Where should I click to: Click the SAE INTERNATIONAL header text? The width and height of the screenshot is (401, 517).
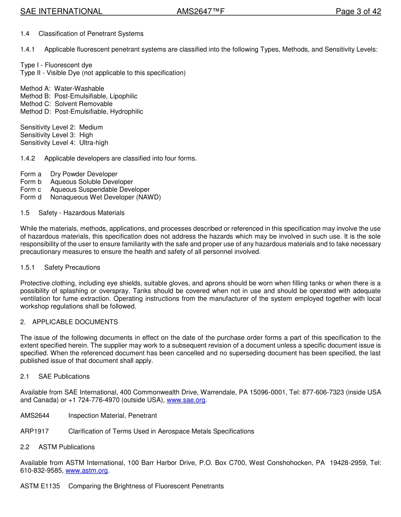tap(61, 11)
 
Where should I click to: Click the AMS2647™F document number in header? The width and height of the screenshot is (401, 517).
tap(200, 11)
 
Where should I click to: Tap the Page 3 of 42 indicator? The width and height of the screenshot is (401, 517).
tap(358, 11)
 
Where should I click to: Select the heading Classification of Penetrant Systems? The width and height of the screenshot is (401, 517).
tap(91, 34)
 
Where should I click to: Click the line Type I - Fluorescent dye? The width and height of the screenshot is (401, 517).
tap(56, 65)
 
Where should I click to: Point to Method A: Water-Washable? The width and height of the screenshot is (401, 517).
tap(62, 89)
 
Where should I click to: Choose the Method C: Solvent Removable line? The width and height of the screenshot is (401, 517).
tap(66, 104)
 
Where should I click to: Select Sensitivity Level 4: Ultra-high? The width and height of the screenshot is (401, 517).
tap(64, 143)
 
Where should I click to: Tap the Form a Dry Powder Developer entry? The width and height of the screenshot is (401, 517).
tap(69, 174)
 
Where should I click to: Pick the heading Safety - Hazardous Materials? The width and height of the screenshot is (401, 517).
tap(81, 213)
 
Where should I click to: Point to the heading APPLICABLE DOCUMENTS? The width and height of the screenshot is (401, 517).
tap(75, 322)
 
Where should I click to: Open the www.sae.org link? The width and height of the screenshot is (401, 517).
tap(186, 400)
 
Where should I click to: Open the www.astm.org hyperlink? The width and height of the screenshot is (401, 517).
tap(87, 471)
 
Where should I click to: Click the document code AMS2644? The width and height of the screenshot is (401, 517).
tap(35, 416)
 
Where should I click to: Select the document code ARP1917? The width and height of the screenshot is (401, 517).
tap(34, 431)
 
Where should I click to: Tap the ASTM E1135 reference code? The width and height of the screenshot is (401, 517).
tap(40, 486)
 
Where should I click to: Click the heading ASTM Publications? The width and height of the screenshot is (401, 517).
tap(66, 447)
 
